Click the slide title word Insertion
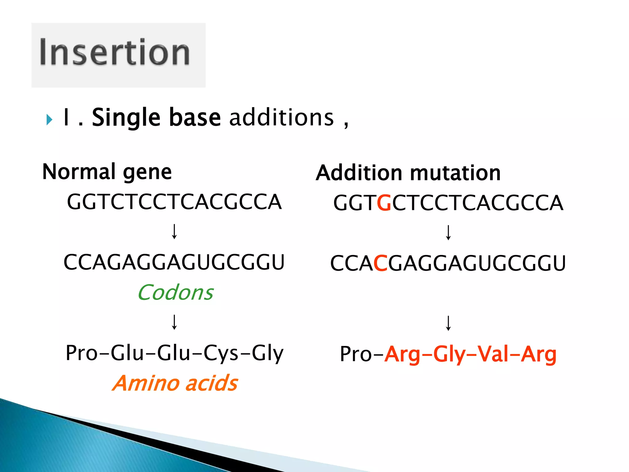[114, 52]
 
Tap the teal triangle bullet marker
[49, 120]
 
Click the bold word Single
[126, 118]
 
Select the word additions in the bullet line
[281, 118]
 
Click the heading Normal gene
[107, 172]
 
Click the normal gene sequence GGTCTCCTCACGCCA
[174, 202]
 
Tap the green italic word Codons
[175, 293]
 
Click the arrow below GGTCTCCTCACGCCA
[174, 232]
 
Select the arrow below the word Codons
[174, 322]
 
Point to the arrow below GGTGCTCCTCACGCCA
[448, 233]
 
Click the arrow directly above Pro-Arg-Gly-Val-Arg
[448, 323]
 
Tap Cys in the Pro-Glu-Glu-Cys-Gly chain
[221, 353]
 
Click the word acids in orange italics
[212, 383]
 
